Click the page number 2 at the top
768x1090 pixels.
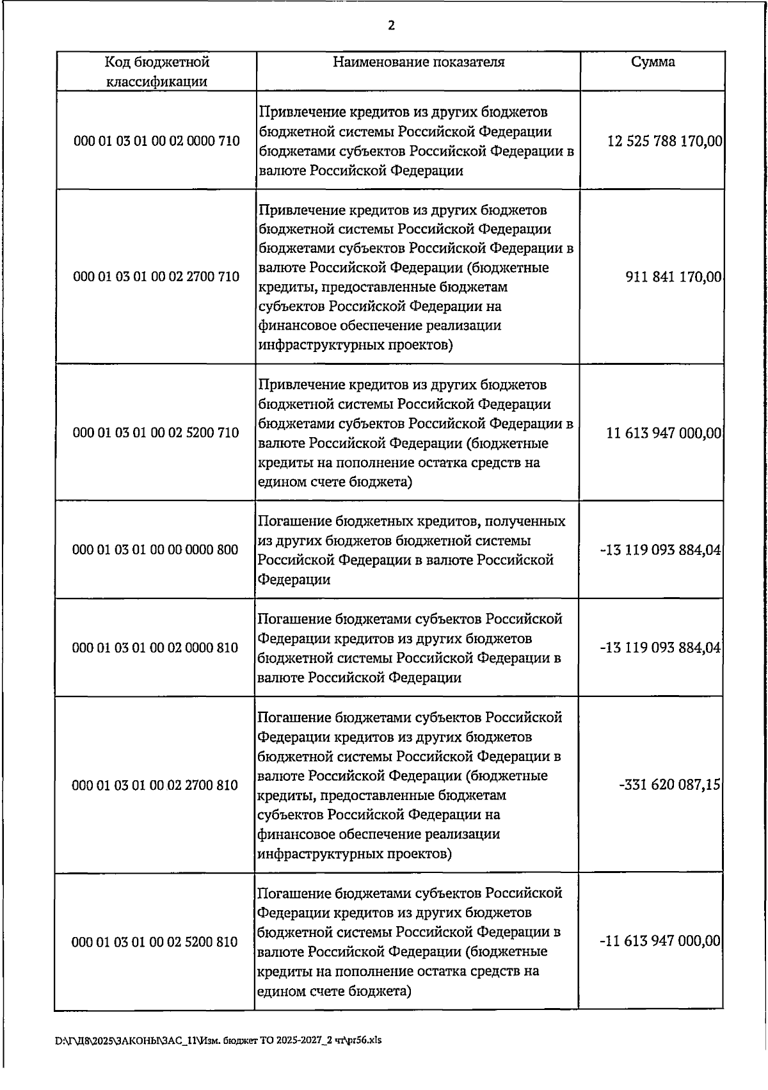(391, 26)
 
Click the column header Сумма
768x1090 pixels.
(653, 62)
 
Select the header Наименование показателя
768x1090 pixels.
(419, 62)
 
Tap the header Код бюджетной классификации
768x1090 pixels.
(157, 72)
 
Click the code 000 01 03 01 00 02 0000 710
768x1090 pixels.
(157, 141)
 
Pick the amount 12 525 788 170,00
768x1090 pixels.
(664, 141)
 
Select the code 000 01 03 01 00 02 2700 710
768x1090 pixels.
(157, 277)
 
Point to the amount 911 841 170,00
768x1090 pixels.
(673, 278)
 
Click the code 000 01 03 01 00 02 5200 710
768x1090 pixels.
(157, 433)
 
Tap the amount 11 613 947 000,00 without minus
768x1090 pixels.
(664, 433)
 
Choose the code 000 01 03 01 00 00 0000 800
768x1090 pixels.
(156, 550)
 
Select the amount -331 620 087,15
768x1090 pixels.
(669, 785)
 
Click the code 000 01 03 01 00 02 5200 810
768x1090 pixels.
(155, 942)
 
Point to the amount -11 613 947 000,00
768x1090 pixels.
(660, 942)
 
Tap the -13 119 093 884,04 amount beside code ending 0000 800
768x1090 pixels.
(660, 550)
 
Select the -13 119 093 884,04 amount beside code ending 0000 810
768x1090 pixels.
(660, 648)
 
